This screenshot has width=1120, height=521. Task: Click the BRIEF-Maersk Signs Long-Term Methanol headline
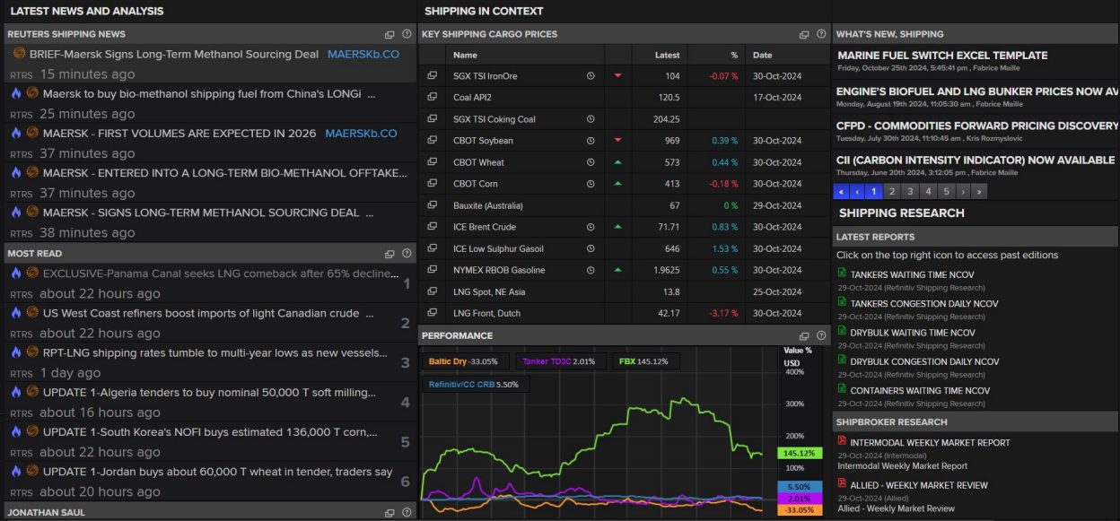(x=173, y=55)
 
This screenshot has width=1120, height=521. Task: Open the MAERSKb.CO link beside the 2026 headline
(x=361, y=134)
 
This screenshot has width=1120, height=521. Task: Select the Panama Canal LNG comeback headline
(x=220, y=274)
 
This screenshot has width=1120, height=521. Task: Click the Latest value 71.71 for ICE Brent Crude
(x=668, y=227)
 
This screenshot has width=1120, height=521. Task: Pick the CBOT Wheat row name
(x=478, y=162)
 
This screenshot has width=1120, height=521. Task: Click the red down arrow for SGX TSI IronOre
(x=617, y=76)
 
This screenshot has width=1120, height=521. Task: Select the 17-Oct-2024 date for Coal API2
(x=776, y=98)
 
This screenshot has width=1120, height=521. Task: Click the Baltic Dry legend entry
(x=462, y=361)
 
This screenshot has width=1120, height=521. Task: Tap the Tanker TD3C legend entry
(x=558, y=361)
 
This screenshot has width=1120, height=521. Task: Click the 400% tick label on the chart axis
(x=794, y=371)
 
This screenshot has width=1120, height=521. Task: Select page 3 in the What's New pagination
(x=910, y=191)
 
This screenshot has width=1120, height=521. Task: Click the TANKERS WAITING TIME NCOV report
(x=912, y=274)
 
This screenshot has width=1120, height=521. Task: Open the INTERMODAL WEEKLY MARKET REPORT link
(x=930, y=442)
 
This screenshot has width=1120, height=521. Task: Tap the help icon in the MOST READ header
(x=407, y=254)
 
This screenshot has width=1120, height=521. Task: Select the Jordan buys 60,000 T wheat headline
(x=217, y=472)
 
